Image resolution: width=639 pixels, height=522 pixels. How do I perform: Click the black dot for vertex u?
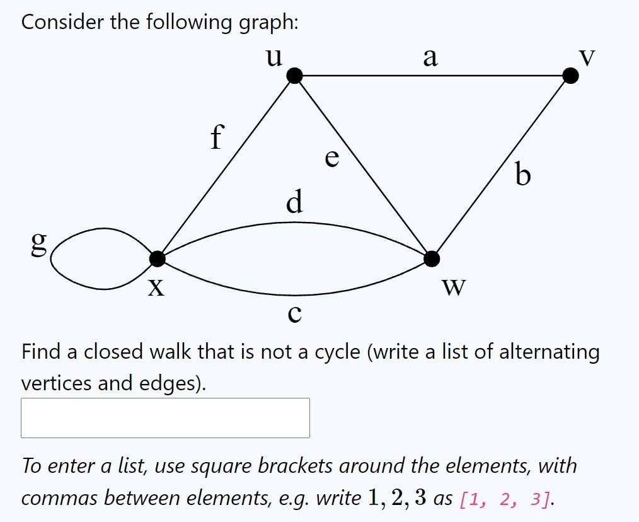tap(294, 76)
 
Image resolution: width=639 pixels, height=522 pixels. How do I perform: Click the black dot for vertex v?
tap(570, 76)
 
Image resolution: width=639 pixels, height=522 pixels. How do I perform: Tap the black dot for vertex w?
tap(432, 258)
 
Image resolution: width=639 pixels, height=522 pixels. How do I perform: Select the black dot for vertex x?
tap(158, 258)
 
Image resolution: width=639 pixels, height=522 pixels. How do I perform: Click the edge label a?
tap(430, 57)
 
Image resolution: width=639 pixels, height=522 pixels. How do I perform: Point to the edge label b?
tap(522, 175)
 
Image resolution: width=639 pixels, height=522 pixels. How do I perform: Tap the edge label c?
tap(294, 313)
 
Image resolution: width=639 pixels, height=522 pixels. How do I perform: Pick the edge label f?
tap(217, 137)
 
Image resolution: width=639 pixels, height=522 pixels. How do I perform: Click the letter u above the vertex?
tap(273, 57)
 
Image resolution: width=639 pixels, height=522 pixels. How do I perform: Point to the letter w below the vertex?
tap(454, 287)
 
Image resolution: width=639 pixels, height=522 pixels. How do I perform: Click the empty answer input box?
tap(165, 417)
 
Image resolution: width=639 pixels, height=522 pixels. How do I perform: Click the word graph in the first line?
tap(267, 23)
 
